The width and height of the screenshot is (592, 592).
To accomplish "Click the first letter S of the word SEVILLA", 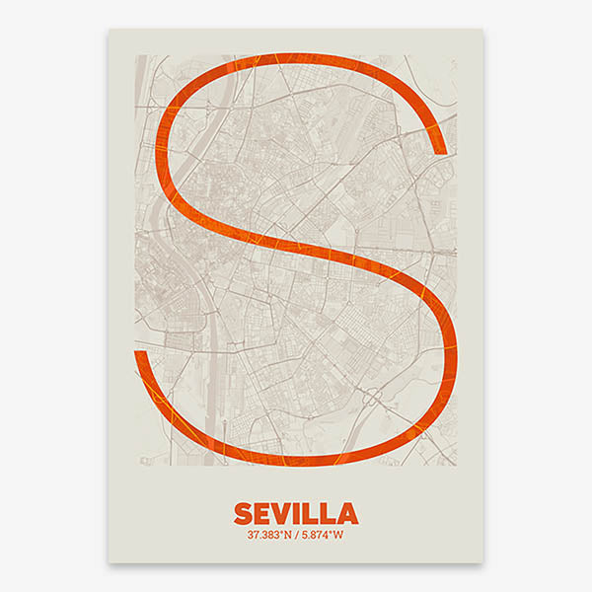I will (243, 514).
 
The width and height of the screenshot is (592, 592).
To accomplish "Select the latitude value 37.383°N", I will (269, 536).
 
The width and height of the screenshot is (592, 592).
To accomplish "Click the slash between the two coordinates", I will (296, 536).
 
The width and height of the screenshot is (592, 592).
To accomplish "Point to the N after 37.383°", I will (288, 536).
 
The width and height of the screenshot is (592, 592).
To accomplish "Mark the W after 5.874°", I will (339, 536).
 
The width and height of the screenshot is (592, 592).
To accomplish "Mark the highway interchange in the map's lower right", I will (376, 396).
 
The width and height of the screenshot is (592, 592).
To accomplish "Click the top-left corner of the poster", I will (109, 29).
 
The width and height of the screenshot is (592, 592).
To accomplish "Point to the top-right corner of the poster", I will (483, 29).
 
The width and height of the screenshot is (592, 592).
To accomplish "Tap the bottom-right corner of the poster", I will (483, 563).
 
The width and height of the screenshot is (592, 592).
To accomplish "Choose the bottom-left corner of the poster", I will (109, 563).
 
